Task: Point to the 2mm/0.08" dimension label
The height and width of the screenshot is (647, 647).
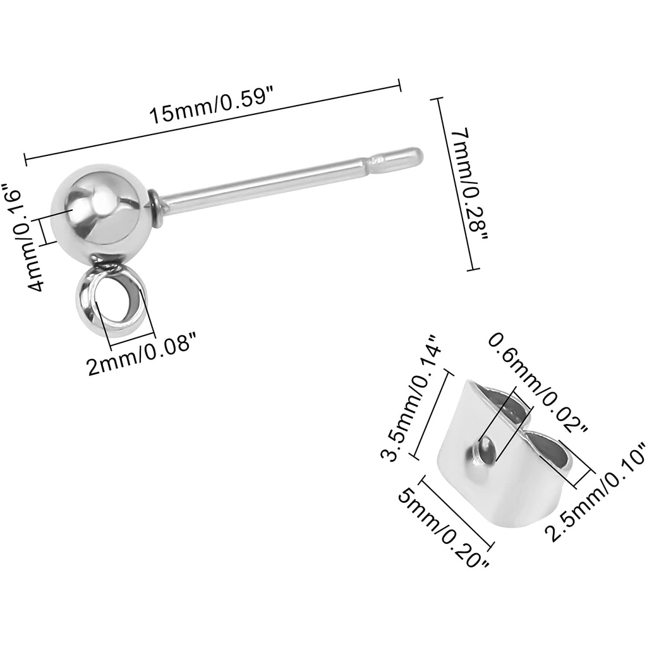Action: click(x=140, y=354)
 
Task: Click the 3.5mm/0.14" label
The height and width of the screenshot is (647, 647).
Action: click(x=410, y=397)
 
